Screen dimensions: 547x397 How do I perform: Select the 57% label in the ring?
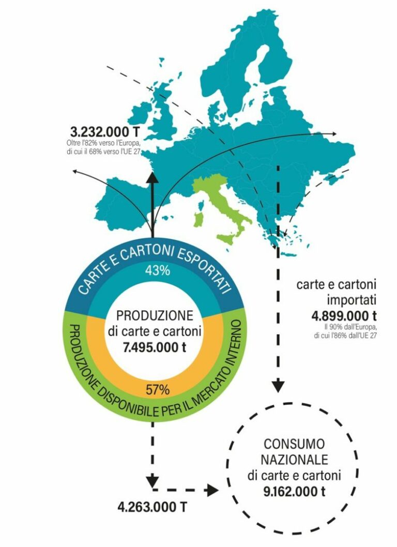tap(154, 390)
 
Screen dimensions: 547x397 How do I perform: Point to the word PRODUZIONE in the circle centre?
tap(154, 316)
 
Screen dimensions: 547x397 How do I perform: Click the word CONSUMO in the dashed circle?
tap(294, 444)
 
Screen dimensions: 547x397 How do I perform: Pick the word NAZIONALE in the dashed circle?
tap(294, 459)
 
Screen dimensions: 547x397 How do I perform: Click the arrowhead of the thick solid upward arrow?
tap(152, 176)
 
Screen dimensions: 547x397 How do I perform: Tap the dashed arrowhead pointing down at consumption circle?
tap(279, 386)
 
